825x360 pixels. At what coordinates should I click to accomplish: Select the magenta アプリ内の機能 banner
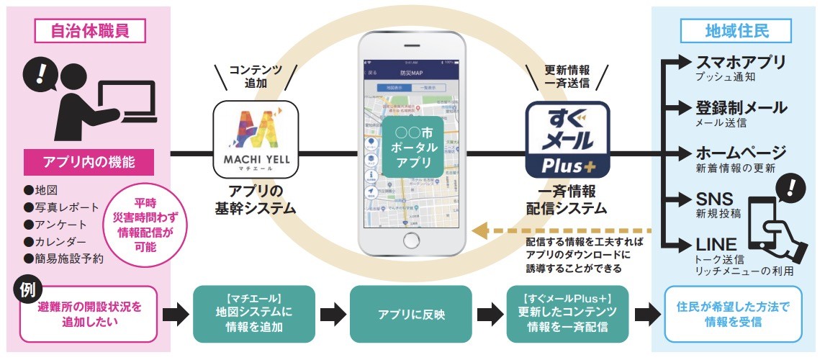coord(89,162)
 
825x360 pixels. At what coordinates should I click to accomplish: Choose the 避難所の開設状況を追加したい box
coord(89,315)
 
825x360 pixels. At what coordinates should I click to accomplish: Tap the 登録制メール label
coord(741,108)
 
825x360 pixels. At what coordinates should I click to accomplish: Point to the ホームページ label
coord(741,153)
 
